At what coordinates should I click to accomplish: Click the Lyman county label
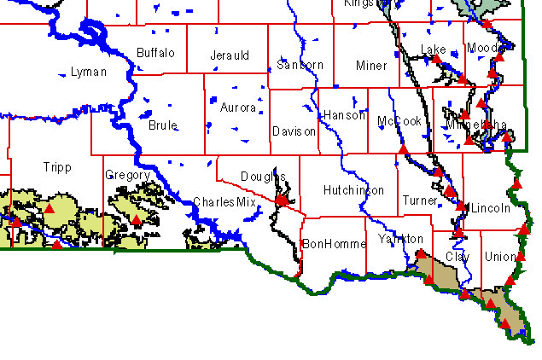[90, 73]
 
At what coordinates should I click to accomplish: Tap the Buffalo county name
[155, 53]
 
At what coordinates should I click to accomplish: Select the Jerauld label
[229, 55]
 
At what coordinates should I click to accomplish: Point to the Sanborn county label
[299, 65]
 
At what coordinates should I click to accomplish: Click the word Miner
[371, 65]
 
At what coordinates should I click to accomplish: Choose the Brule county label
[163, 125]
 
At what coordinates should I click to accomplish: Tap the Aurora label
[237, 107]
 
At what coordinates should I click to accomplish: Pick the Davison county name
[294, 131]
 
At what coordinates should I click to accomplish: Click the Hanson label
[344, 115]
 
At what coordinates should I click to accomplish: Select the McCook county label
[399, 121]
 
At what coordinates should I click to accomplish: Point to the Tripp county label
[56, 167]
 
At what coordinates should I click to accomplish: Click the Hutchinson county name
[353, 190]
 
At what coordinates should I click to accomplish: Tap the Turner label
[419, 200]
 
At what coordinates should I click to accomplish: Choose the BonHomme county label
[333, 244]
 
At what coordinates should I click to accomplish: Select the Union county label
[499, 256]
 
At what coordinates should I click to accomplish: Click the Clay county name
[457, 256]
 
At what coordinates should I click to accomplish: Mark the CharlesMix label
[224, 202]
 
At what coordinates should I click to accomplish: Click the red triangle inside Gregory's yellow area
[136, 220]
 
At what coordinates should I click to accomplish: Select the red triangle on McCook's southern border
[403, 150]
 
